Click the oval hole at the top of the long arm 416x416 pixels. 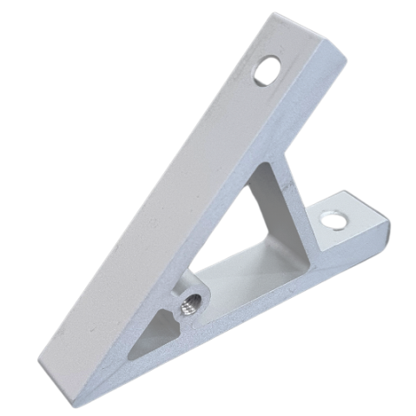(x=267, y=70)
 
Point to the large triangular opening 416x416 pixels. (x=252, y=234)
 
